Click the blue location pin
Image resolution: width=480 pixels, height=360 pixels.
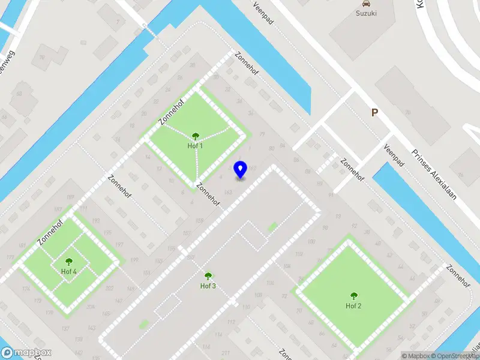coord(240,170)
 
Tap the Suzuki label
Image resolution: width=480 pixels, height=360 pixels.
coord(366,13)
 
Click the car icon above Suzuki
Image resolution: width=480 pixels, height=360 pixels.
coord(366,3)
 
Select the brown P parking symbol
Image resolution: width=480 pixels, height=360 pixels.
coord(375,112)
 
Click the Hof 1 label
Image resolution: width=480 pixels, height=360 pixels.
coord(195,145)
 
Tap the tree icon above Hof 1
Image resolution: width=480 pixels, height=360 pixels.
coord(195,136)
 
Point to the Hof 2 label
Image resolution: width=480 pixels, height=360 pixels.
coord(353,306)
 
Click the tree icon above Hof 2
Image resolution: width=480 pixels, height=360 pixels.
coord(353,296)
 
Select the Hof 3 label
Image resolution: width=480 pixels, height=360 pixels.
coord(208,286)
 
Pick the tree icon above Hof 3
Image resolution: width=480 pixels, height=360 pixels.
coord(208,276)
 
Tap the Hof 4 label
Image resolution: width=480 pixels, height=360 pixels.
coord(69,271)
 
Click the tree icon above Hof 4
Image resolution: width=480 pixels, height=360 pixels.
coord(69,262)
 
